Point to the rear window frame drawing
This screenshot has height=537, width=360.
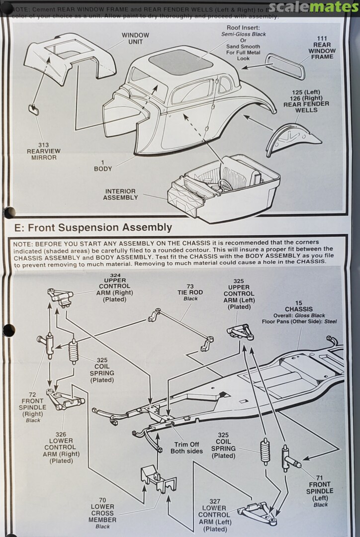pos(284,66)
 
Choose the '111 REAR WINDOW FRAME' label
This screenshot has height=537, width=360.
pos(322,48)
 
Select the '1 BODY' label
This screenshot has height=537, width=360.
pos(103,166)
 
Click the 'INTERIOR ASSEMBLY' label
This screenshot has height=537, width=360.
pos(120,194)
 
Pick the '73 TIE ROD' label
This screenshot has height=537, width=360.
pos(190,295)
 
